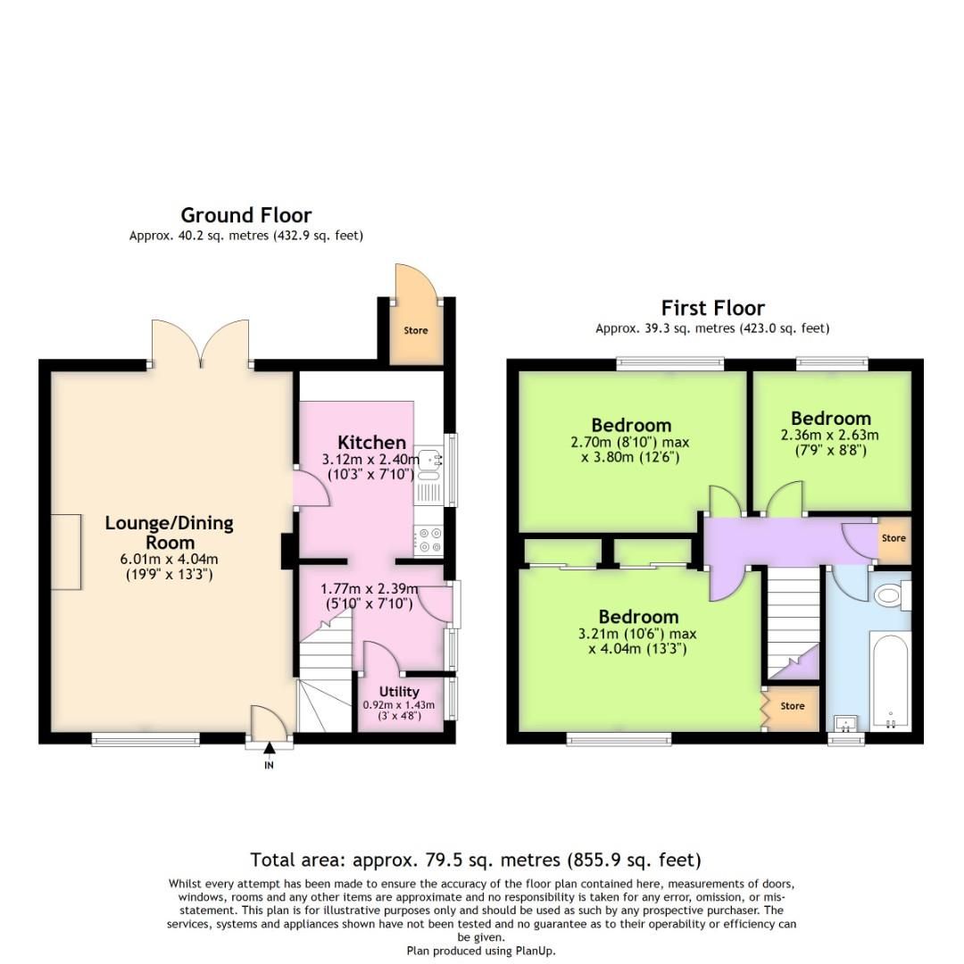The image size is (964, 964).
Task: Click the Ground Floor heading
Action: click(x=245, y=215)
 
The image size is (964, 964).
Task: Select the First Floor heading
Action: click(x=713, y=308)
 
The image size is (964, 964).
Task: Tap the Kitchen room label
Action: click(x=371, y=442)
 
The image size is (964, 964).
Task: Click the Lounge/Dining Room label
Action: click(x=169, y=533)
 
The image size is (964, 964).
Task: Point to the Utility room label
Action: click(x=399, y=692)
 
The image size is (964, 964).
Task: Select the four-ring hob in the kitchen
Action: click(x=428, y=540)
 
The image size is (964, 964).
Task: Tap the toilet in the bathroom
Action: click(x=893, y=595)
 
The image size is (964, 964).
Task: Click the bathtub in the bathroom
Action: click(x=890, y=683)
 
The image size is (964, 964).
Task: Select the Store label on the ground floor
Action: click(x=415, y=330)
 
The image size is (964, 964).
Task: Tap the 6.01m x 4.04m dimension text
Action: click(x=169, y=560)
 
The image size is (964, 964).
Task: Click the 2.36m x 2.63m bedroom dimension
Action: click(x=830, y=436)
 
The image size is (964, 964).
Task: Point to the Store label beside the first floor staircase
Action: click(x=792, y=706)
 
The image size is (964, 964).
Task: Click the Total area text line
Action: click(x=475, y=860)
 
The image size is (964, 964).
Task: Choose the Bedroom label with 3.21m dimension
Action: click(x=638, y=617)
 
